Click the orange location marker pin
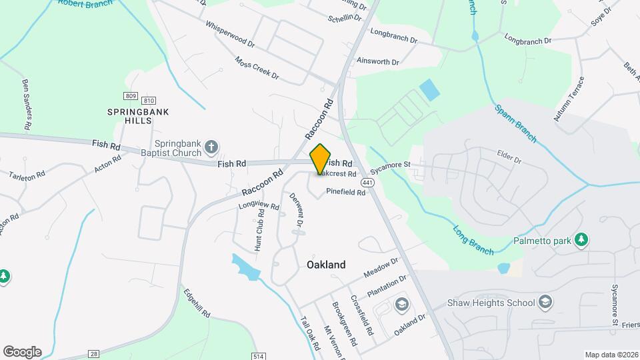[321, 159]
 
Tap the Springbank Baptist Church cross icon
[211, 147]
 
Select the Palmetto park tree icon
[581, 240]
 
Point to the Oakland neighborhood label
[326, 265]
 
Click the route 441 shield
[367, 182]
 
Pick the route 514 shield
[259, 356]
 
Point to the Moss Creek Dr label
[257, 67]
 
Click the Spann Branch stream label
[515, 123]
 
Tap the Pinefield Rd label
[346, 192]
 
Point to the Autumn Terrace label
[569, 99]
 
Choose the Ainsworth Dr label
[378, 61]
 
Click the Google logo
[22, 351]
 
